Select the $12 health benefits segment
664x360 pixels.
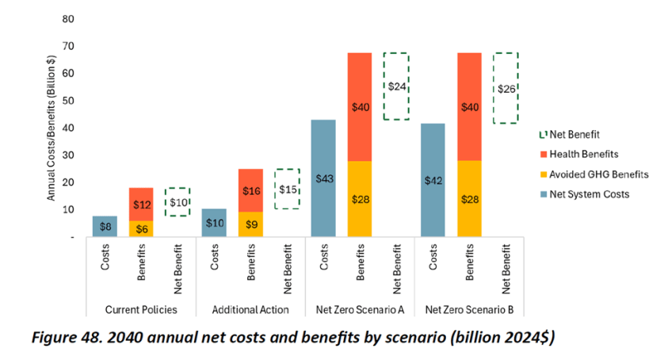[141, 205]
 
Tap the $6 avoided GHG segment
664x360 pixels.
[141, 228]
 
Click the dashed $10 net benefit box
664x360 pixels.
[177, 202]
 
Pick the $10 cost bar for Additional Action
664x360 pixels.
[214, 224]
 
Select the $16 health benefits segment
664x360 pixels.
[250, 190]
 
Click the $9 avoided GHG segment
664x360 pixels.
[250, 224]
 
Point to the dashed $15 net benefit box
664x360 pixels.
[287, 189]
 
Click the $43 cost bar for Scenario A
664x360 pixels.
[323, 178]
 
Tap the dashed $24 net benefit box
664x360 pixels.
[396, 86]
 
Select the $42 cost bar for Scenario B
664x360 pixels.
[433, 180]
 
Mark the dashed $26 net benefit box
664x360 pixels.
[506, 88]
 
